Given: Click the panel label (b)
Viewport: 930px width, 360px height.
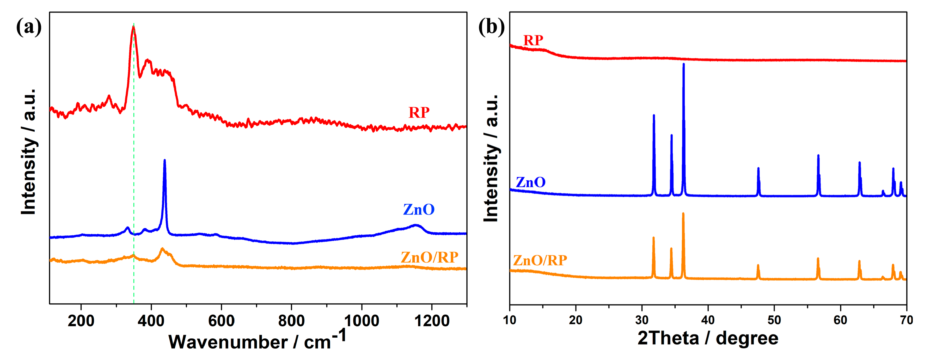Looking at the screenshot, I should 491,27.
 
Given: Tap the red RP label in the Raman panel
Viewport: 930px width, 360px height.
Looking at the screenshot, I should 419,113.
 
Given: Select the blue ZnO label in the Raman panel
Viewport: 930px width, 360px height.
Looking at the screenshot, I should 419,209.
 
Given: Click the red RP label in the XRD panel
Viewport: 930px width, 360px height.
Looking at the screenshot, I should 533,40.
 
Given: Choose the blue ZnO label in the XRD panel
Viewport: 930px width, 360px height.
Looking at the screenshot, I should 530,182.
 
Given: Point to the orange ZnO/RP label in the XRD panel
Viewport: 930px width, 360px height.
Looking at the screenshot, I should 540,260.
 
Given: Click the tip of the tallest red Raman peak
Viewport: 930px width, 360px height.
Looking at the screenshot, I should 133,27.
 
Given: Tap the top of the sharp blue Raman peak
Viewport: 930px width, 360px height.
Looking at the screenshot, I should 165,160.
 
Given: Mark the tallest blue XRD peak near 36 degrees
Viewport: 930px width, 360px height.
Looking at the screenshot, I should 683,64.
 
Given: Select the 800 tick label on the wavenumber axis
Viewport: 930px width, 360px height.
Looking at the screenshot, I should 291,321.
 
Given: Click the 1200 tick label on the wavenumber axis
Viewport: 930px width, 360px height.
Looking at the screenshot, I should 432,321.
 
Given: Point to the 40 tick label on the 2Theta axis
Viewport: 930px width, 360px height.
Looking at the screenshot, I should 708,320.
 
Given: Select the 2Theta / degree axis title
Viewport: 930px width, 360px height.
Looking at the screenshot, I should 708,338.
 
